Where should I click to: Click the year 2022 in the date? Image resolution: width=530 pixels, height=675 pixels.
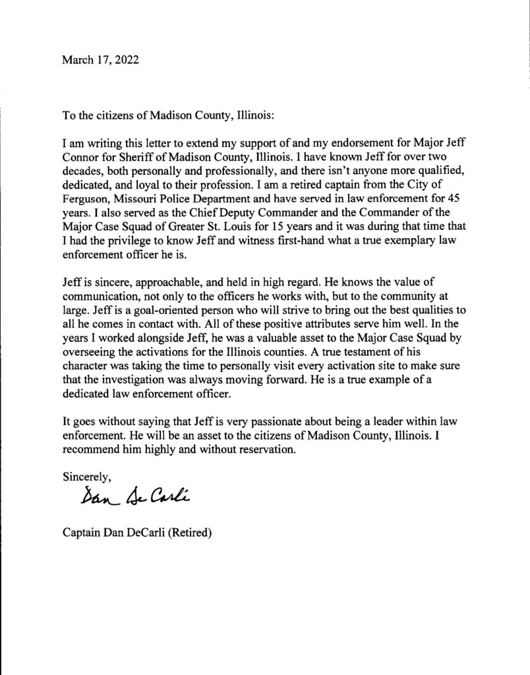point(126,60)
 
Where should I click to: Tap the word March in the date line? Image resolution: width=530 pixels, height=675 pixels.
point(78,60)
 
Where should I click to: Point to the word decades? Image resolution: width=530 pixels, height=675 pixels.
point(83,171)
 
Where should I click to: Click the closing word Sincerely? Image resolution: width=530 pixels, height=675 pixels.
point(86,475)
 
